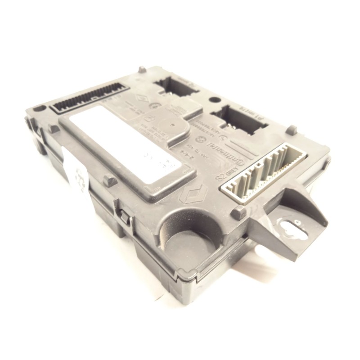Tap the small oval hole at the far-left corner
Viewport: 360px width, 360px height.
[40, 108]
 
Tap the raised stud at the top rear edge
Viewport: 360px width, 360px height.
[142, 70]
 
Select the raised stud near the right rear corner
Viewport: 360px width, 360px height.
[292, 130]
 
